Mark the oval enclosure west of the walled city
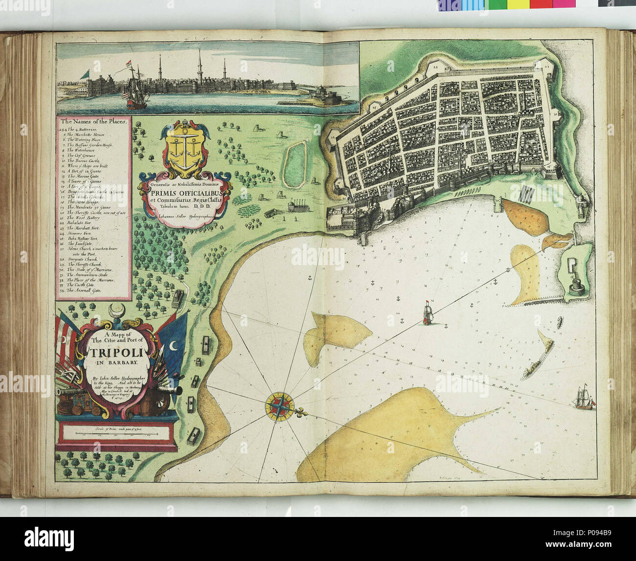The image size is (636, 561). (x=295, y=162)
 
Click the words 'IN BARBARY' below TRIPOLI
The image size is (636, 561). (x=114, y=363)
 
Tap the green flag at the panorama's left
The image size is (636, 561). (x=86, y=73)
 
